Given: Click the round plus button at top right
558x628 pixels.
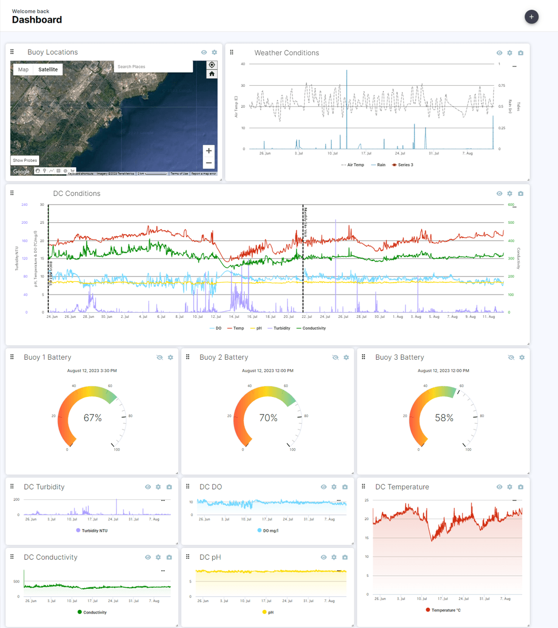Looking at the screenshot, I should tap(532, 17).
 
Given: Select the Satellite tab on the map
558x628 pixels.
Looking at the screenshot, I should tap(48, 70).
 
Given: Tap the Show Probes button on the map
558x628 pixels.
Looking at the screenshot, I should tap(25, 160).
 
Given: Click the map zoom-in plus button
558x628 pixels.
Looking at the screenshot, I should tap(209, 151).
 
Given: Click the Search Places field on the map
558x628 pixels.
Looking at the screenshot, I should tap(153, 67).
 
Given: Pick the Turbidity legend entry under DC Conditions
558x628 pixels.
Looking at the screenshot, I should tap(282, 328).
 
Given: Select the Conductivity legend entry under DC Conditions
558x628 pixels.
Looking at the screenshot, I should tap(314, 328).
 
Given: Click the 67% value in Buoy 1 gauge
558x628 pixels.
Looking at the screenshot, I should tap(92, 418).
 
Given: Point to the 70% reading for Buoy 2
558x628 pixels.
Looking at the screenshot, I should tap(268, 418).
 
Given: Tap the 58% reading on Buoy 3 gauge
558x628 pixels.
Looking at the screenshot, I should tap(444, 418).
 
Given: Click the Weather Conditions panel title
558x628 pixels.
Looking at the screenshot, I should tap(287, 53).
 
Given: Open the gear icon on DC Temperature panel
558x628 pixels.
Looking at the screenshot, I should tap(510, 487).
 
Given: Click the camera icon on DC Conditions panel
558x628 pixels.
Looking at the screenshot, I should tap(520, 193).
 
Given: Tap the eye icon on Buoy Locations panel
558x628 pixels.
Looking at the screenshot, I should tap(204, 52).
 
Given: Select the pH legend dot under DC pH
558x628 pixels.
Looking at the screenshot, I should tap(265, 612).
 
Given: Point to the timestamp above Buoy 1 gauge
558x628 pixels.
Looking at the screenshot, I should tap(92, 371).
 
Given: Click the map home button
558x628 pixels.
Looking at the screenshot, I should tap(212, 74).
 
